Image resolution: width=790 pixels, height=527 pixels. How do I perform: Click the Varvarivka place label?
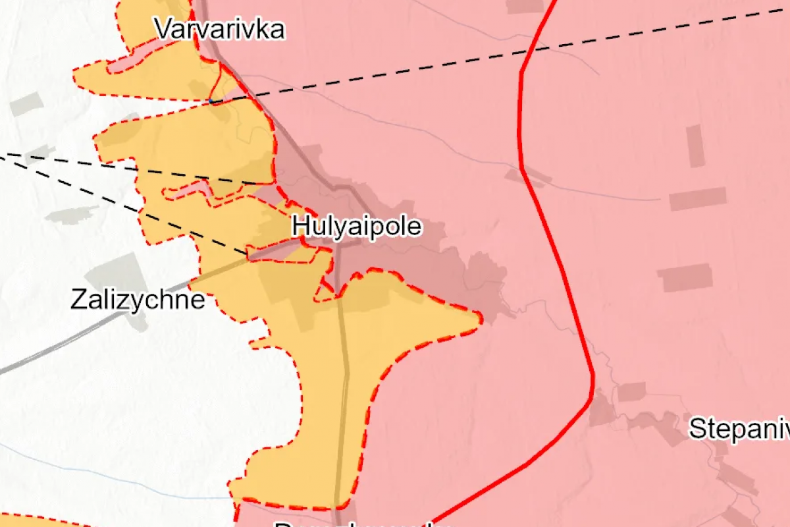220,30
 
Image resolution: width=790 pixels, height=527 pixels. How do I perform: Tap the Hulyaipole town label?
357,227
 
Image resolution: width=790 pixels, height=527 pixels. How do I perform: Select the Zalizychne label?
137,301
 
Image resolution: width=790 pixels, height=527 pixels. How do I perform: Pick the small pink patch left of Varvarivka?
122,65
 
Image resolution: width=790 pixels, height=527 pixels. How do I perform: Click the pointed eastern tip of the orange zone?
477,319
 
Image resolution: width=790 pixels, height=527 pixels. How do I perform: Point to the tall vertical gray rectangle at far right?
695,146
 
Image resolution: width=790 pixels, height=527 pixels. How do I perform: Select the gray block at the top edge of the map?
525,6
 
